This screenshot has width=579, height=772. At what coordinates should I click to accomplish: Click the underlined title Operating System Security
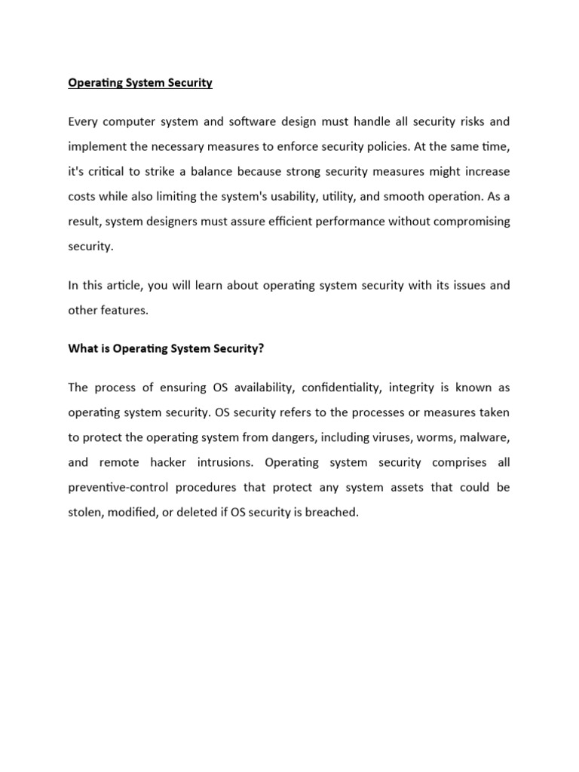click(140, 83)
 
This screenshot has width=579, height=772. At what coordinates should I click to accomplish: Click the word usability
click(288, 197)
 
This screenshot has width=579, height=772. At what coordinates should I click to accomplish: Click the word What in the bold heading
click(84, 348)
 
